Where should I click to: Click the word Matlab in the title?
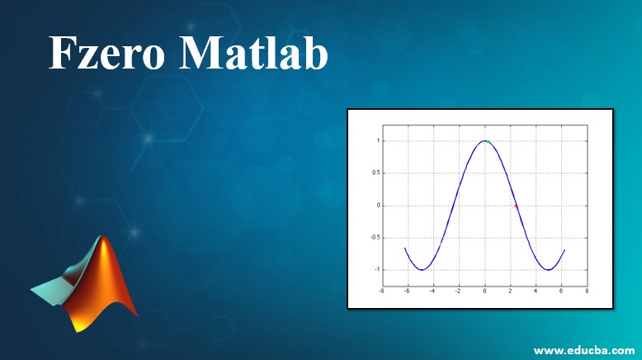[253, 55]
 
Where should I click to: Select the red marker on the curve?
[516, 206]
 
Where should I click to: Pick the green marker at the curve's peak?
[487, 141]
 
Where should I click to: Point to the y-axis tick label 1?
[378, 141]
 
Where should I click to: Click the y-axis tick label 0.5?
[375, 173]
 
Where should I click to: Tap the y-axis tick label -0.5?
[375, 238]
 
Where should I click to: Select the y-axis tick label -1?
[377, 270]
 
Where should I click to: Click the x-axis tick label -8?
[381, 291]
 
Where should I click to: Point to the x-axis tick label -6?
[407, 291]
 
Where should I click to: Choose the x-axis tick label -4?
[432, 291]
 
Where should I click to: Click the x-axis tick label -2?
[458, 291]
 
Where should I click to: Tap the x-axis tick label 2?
[510, 291]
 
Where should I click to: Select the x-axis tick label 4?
[536, 291]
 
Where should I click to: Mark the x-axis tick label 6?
[561, 291]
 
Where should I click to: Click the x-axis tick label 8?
[587, 291]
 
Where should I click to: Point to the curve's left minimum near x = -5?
[422, 270]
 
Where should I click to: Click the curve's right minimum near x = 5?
[548, 270]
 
